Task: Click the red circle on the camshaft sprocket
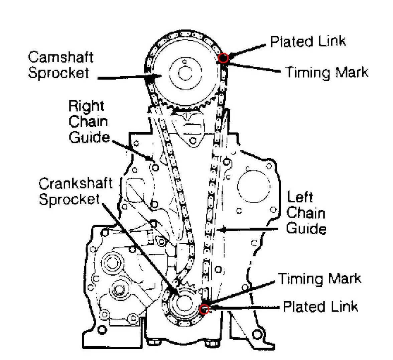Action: tap(223, 58)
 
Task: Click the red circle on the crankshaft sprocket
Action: tap(204, 309)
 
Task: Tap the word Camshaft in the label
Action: tap(60, 57)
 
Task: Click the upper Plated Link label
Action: tap(307, 41)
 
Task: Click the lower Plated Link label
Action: tap(320, 307)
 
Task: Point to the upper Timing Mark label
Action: tap(326, 72)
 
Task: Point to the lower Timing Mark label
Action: tap(319, 278)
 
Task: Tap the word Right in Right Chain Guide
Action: tap(86, 106)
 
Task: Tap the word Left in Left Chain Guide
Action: tap(300, 197)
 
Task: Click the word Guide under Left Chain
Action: tap(306, 229)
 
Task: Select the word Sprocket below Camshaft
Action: tap(58, 73)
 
